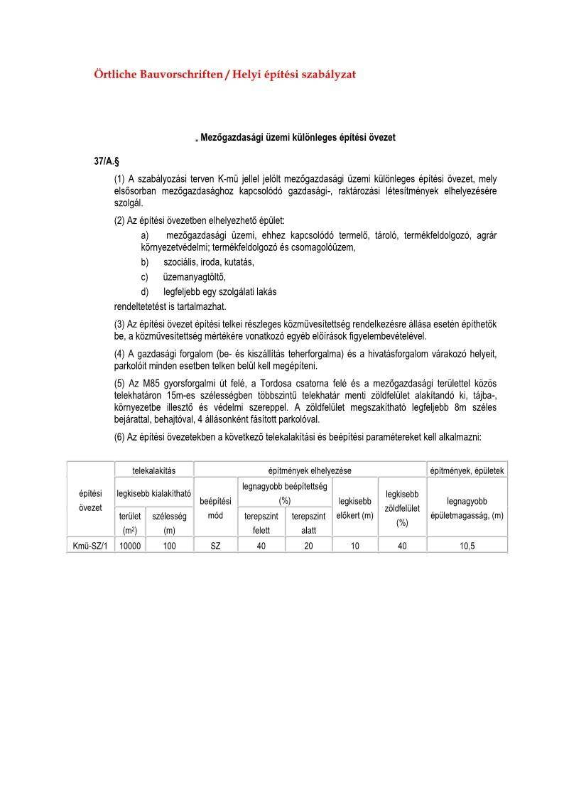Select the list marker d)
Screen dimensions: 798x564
pyautogui.click(x=146, y=291)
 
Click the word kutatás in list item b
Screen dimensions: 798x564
pyautogui.click(x=237, y=261)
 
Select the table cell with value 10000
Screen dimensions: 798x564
pyautogui.click(x=130, y=546)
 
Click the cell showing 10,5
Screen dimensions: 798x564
pyautogui.click(x=467, y=546)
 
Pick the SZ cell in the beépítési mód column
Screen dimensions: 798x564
pyautogui.click(x=215, y=546)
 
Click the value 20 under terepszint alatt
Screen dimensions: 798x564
pyautogui.click(x=308, y=546)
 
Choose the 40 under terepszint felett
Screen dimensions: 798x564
pyautogui.click(x=261, y=546)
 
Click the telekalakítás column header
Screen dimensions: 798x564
pyautogui.click(x=153, y=470)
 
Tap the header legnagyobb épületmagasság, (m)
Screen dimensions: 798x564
pyautogui.click(x=467, y=508)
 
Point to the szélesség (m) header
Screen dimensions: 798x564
pyautogui.click(x=169, y=523)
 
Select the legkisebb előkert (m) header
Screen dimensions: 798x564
pyautogui.click(x=354, y=508)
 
